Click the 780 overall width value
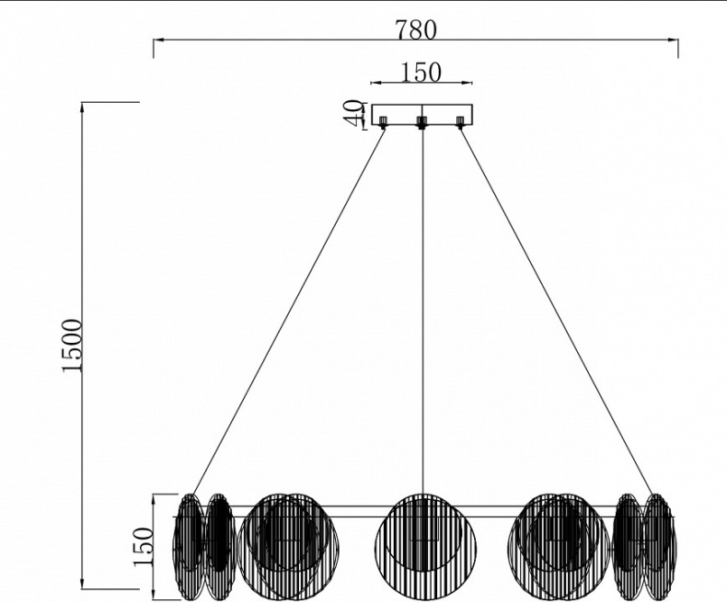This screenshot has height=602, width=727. click(415, 29)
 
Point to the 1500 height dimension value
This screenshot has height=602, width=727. click(73, 345)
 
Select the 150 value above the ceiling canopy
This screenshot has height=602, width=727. click(421, 72)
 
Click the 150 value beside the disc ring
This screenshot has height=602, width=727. click(143, 546)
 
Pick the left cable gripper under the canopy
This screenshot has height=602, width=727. click(383, 121)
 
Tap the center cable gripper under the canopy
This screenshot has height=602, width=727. click(421, 122)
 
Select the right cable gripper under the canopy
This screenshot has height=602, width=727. click(460, 121)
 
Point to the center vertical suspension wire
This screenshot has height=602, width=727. click(421, 312)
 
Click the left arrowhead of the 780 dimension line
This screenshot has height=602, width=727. click(156, 41)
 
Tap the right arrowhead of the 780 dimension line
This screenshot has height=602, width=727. click(675, 41)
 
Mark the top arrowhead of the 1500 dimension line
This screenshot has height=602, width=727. click(83, 106)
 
